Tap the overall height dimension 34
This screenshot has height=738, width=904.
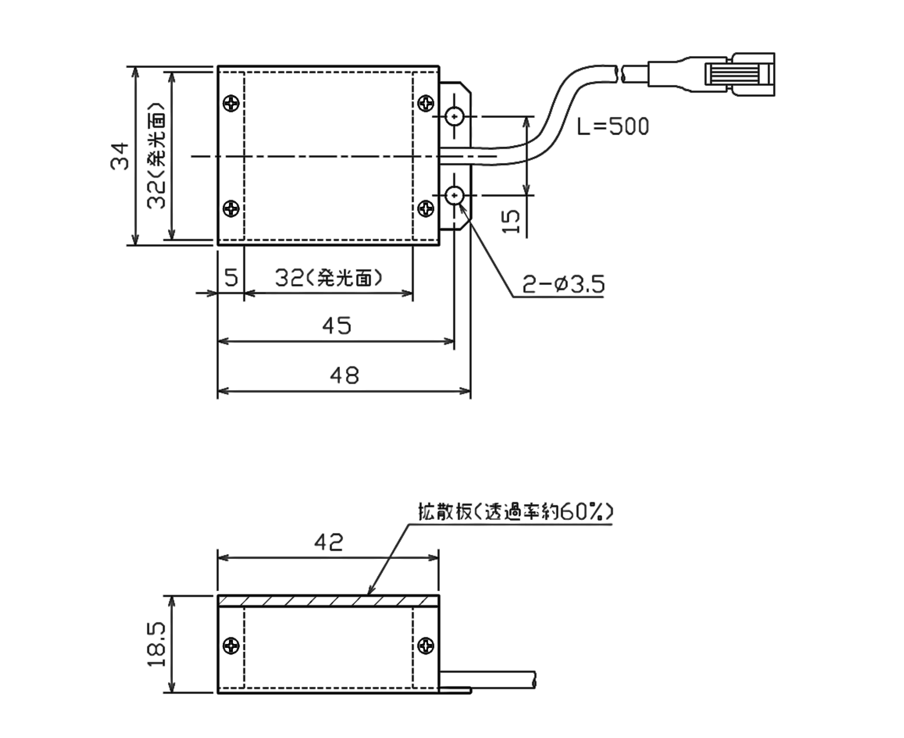point(120,156)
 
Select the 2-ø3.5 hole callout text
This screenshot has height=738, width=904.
point(563,284)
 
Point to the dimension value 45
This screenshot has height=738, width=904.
point(336,326)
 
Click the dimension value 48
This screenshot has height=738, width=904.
point(344,375)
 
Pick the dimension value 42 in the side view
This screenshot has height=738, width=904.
point(328,542)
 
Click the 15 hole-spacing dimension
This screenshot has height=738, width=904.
point(511,221)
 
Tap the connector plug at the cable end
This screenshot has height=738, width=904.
point(739,74)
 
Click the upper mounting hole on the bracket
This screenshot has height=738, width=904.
point(455,116)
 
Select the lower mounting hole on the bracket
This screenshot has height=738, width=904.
point(455,196)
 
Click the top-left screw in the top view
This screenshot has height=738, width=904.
point(231,103)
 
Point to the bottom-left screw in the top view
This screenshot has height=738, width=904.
point(231,208)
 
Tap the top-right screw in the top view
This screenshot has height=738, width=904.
point(426,103)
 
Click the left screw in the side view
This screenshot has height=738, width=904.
point(231,646)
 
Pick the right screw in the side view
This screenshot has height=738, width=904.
point(426,646)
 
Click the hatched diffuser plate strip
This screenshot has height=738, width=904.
point(328,601)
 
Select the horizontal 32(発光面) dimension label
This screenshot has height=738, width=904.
point(328,278)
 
